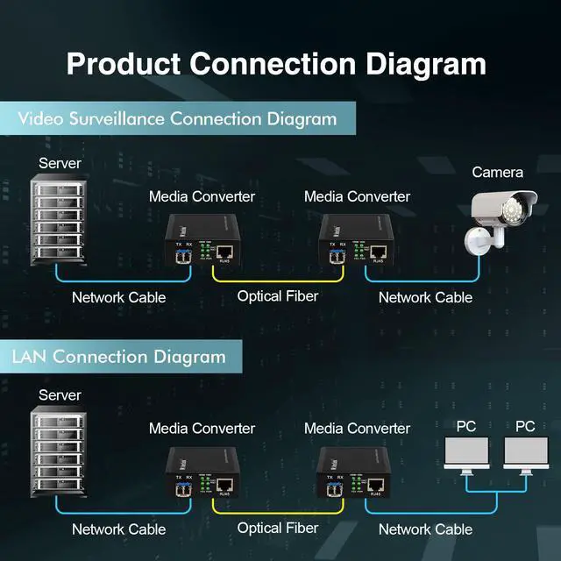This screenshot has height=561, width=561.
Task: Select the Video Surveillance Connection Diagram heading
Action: point(178,119)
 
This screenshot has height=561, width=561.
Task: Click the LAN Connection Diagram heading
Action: point(118,357)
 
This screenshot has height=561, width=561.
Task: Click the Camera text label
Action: point(497,172)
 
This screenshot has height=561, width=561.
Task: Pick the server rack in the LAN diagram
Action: point(60,456)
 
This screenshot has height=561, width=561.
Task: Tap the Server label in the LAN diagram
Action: point(60,395)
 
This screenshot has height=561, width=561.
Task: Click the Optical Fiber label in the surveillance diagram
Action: point(277,296)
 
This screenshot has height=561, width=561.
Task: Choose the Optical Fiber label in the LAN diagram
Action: point(277,528)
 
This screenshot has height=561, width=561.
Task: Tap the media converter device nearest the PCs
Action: point(355,472)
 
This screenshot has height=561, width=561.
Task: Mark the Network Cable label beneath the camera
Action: point(425,297)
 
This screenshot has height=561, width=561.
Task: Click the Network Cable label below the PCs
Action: point(425,529)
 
